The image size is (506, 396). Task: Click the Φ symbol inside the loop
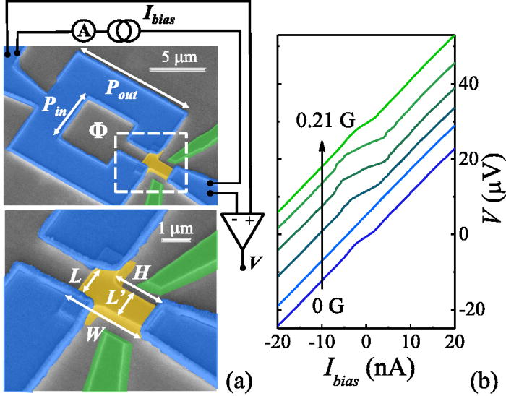(x=98, y=133)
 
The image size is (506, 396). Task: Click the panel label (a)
(x=239, y=377)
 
